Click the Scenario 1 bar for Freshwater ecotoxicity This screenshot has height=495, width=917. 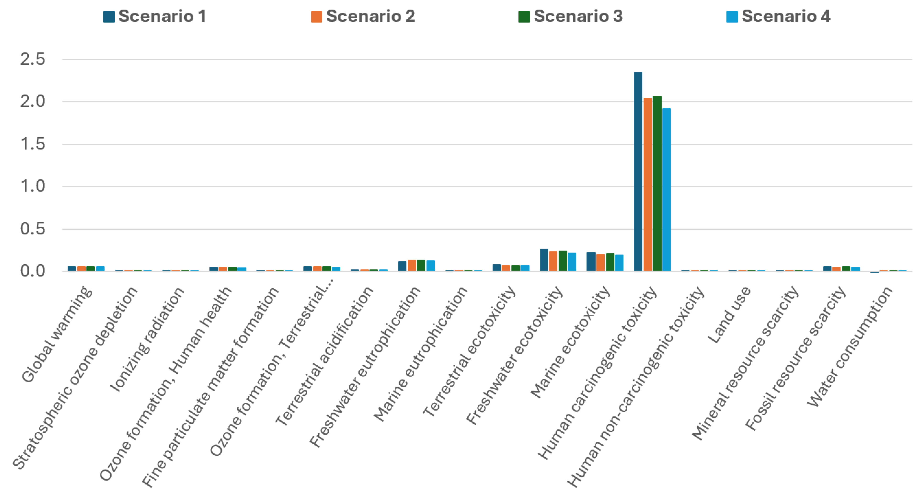[544, 260]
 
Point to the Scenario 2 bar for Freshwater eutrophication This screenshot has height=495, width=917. [412, 266]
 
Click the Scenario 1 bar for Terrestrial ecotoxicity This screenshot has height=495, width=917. [497, 268]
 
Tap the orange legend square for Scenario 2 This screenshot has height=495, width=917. [316, 17]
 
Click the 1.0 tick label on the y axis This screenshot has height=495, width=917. [33, 186]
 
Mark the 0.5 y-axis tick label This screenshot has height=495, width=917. [33, 229]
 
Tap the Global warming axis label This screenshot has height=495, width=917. [57, 335]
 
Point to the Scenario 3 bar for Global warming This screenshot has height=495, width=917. [91, 269]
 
